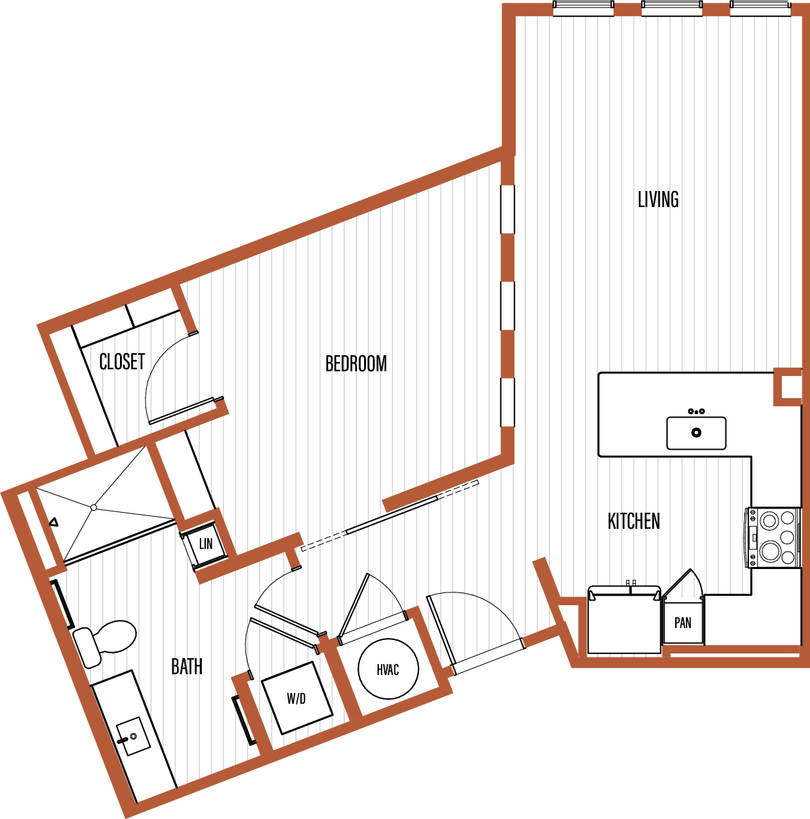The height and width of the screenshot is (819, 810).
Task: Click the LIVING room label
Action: click(x=658, y=199)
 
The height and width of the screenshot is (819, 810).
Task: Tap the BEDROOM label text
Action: click(x=356, y=363)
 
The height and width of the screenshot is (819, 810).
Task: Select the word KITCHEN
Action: click(x=634, y=521)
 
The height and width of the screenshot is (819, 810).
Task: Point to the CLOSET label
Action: click(x=122, y=362)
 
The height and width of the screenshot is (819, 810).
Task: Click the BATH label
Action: click(x=187, y=666)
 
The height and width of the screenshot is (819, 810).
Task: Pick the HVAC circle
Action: click(x=388, y=669)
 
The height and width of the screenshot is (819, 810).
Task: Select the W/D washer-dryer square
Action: click(x=297, y=698)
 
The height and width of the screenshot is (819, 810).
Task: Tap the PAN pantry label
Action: click(x=683, y=623)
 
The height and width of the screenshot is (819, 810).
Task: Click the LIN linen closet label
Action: click(x=206, y=544)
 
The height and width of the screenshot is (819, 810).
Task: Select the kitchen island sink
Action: click(x=697, y=433)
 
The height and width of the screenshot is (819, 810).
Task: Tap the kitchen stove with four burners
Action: click(x=773, y=538)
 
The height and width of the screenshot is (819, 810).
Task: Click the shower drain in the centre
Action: click(x=94, y=507)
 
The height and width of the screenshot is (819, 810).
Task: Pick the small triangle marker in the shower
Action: click(x=54, y=522)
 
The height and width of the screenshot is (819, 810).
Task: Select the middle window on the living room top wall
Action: click(x=672, y=8)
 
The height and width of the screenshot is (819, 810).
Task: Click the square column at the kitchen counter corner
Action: click(x=788, y=387)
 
